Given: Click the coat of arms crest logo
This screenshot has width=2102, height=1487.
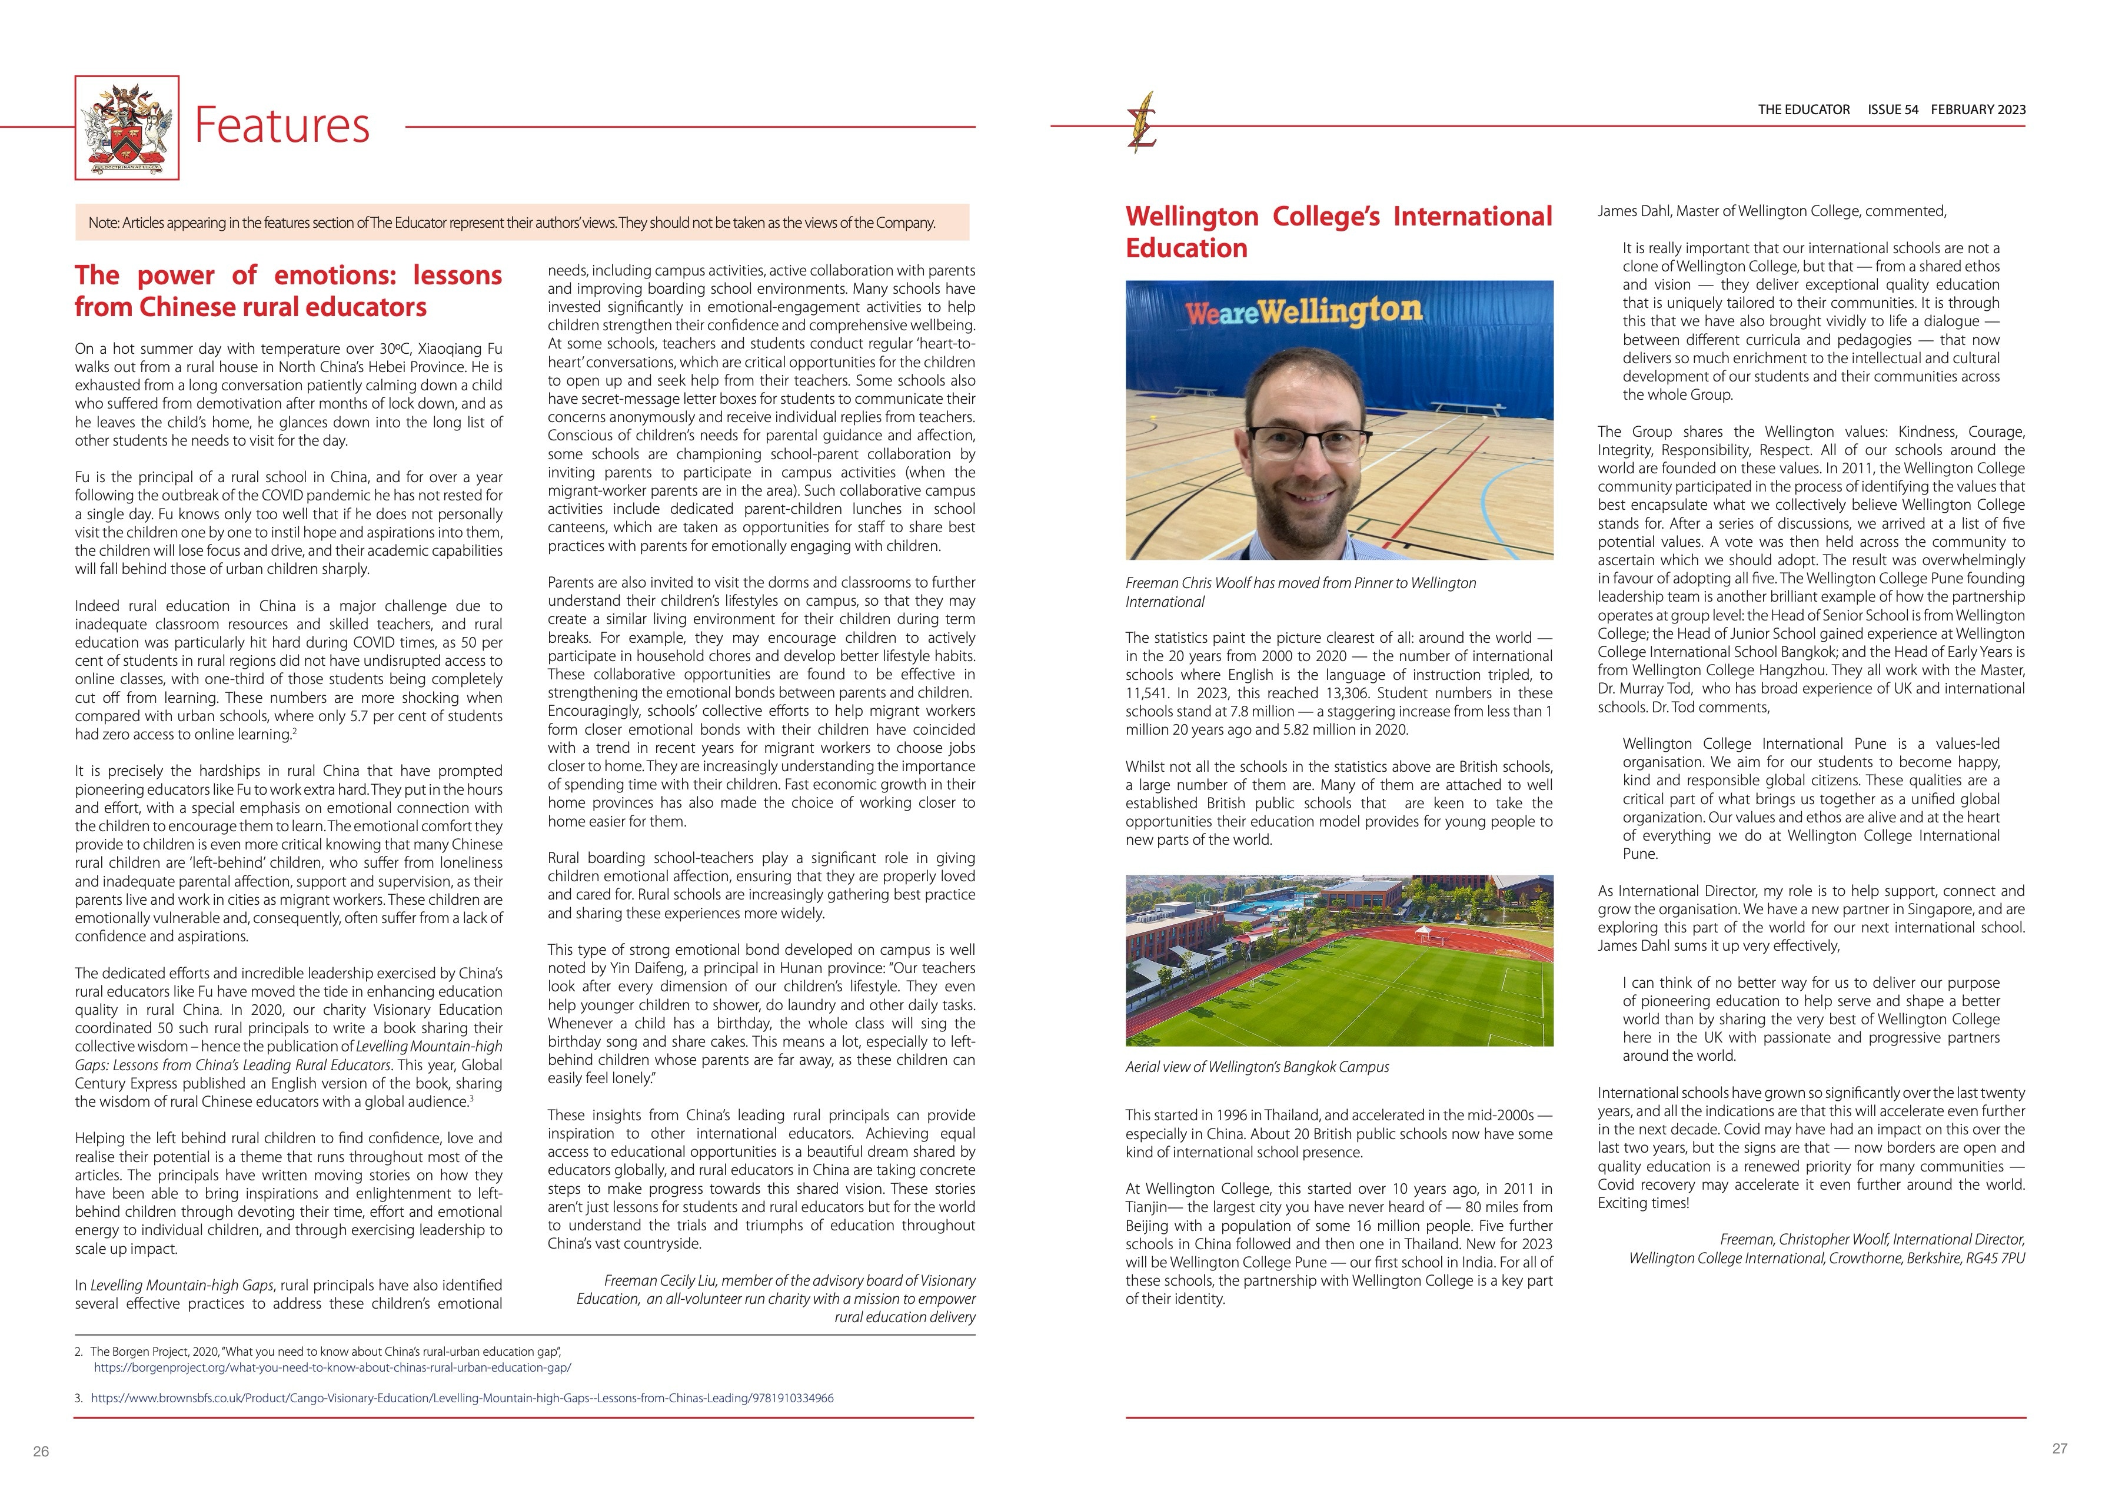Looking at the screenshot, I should (x=127, y=127).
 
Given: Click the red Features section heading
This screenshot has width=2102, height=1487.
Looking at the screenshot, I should (x=282, y=125).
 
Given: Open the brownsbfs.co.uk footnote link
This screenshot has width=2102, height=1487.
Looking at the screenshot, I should (x=463, y=1398).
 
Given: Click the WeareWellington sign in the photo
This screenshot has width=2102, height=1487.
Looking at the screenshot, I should (x=1303, y=312).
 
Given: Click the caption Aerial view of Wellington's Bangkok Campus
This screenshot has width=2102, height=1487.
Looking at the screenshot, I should (x=1257, y=1067).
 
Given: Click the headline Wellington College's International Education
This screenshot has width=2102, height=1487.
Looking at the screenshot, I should (x=1339, y=232).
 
